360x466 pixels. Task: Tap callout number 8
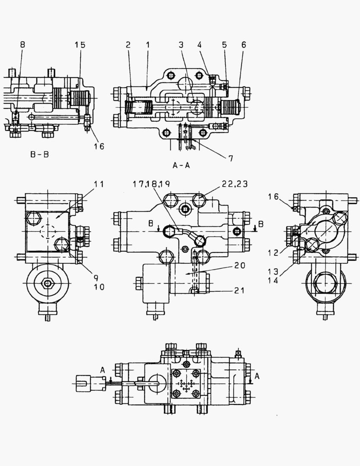(23, 44)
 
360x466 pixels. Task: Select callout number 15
(80, 44)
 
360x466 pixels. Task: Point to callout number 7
(231, 158)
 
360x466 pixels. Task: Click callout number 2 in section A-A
(128, 44)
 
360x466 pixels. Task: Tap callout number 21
(240, 290)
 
